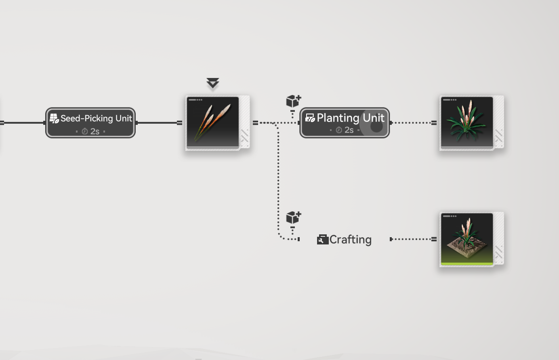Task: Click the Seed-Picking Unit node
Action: point(90,122)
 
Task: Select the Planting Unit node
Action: point(344,122)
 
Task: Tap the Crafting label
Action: point(350,240)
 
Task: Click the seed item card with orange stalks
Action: point(213,122)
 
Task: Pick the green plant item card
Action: point(467,122)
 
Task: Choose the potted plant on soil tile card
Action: point(467,239)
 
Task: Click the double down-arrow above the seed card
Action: point(213,83)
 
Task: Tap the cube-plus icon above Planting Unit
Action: point(293,101)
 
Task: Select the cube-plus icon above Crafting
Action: point(293,217)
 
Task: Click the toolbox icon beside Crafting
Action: point(322,240)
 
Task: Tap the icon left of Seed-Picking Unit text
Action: point(54,118)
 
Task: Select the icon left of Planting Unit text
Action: point(310,118)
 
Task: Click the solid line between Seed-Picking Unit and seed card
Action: point(158,122)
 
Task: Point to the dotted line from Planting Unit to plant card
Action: point(412,122)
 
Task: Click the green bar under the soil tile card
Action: point(467,264)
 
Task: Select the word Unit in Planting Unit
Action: point(374,118)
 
